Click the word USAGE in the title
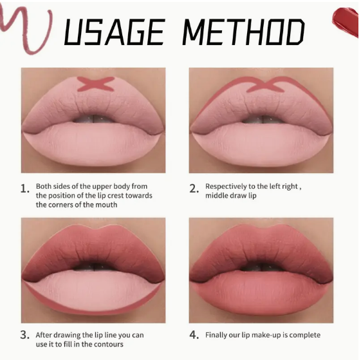(x=114, y=32)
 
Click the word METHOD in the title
(x=243, y=32)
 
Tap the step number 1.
(x=24, y=189)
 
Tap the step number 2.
(x=194, y=189)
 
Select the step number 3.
(x=25, y=335)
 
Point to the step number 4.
(x=194, y=335)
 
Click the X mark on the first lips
(x=95, y=84)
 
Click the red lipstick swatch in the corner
(x=346, y=21)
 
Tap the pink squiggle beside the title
(x=26, y=29)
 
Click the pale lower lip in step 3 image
(x=94, y=294)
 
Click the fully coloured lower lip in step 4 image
(x=261, y=294)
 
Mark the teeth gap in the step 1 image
(x=93, y=118)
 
